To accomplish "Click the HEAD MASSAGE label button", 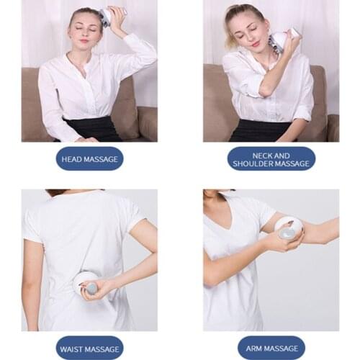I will tap(89, 158).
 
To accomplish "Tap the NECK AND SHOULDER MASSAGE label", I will tap(271, 158).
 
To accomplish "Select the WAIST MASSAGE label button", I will tap(89, 348).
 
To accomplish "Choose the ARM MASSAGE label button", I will tap(271, 348).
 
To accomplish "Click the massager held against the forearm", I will tap(288, 228).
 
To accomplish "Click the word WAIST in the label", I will tap(74, 348).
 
